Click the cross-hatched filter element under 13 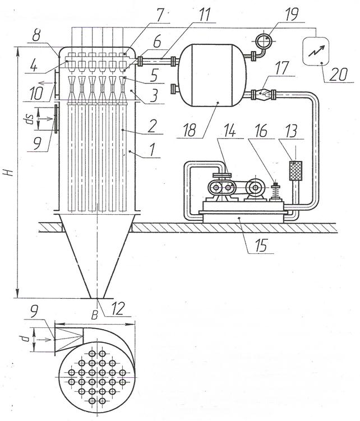pyautogui.click(x=293, y=170)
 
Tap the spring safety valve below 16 pyautogui.click(x=275, y=193)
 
